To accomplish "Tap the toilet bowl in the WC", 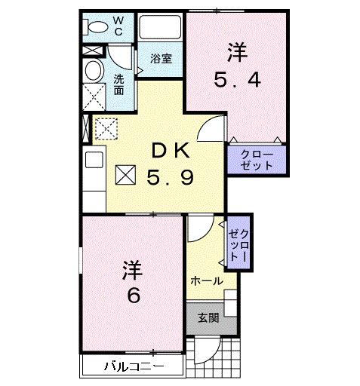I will (97, 26).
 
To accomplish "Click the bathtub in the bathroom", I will (159, 29).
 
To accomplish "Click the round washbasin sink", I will (94, 72).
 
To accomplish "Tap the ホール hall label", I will (206, 280).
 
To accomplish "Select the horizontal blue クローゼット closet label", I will (257, 159).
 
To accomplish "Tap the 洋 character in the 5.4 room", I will (235, 53).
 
